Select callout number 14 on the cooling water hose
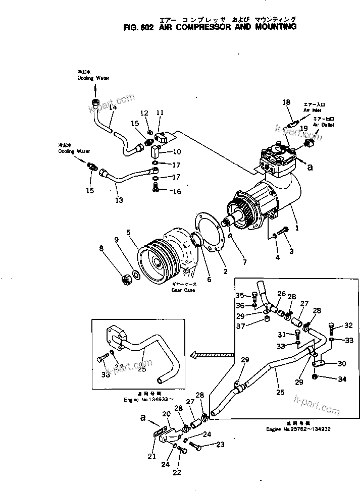coord(113,107)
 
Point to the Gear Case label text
coord(183,290)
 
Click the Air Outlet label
coord(323,124)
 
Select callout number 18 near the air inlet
coord(286,102)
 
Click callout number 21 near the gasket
coord(151,457)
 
